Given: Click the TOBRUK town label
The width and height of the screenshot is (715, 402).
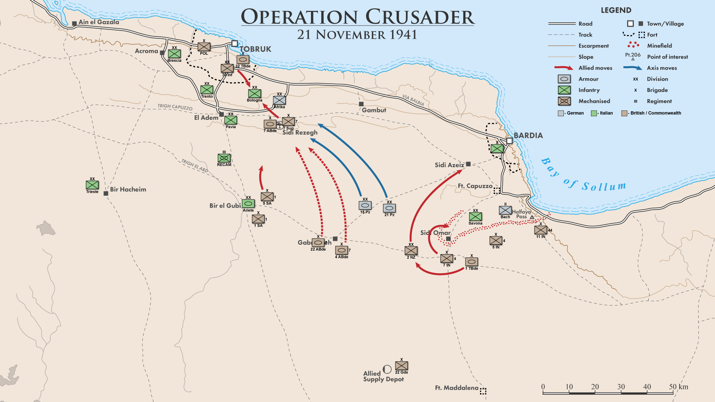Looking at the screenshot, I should click(255, 49).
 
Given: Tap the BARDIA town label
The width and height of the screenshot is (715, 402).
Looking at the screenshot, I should click(528, 135).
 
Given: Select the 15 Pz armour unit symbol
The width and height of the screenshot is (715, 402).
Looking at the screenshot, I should click(365, 205).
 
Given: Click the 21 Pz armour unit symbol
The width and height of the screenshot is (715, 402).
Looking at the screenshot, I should click(389, 208).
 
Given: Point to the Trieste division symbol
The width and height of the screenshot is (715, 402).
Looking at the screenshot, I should click(92, 185).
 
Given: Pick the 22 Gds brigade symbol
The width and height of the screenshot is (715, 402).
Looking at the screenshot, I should click(401, 366).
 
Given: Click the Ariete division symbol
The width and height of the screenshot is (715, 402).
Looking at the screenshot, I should click(248, 204).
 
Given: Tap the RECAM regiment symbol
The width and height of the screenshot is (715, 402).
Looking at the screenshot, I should click(224, 158).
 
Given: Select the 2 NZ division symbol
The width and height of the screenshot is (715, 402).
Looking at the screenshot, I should click(411, 251).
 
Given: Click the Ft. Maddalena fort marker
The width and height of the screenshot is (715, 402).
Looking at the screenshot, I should click(483, 391).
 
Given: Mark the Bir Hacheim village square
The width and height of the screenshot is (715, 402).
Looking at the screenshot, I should click(106, 194).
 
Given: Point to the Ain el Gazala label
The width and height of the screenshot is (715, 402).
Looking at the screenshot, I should click(99, 22).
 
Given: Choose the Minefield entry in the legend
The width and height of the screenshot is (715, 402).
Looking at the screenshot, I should click(659, 46).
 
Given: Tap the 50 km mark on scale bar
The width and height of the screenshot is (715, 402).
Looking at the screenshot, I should click(673, 387).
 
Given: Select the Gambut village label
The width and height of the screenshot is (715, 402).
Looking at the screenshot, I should click(374, 110).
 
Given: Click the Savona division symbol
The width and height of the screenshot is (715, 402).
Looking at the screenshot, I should click(475, 217).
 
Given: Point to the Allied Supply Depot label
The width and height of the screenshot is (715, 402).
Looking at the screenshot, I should click(383, 376).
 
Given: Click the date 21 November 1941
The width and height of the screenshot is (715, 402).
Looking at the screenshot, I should click(357, 35).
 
